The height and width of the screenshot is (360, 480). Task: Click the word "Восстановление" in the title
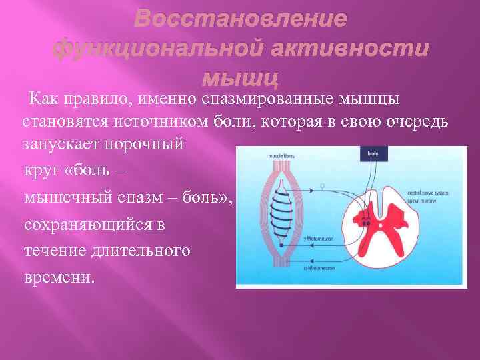(x=240, y=18)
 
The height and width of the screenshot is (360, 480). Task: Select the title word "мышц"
(x=239, y=78)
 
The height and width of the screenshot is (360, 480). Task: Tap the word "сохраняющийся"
(x=85, y=225)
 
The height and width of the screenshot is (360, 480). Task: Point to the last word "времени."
(x=59, y=277)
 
